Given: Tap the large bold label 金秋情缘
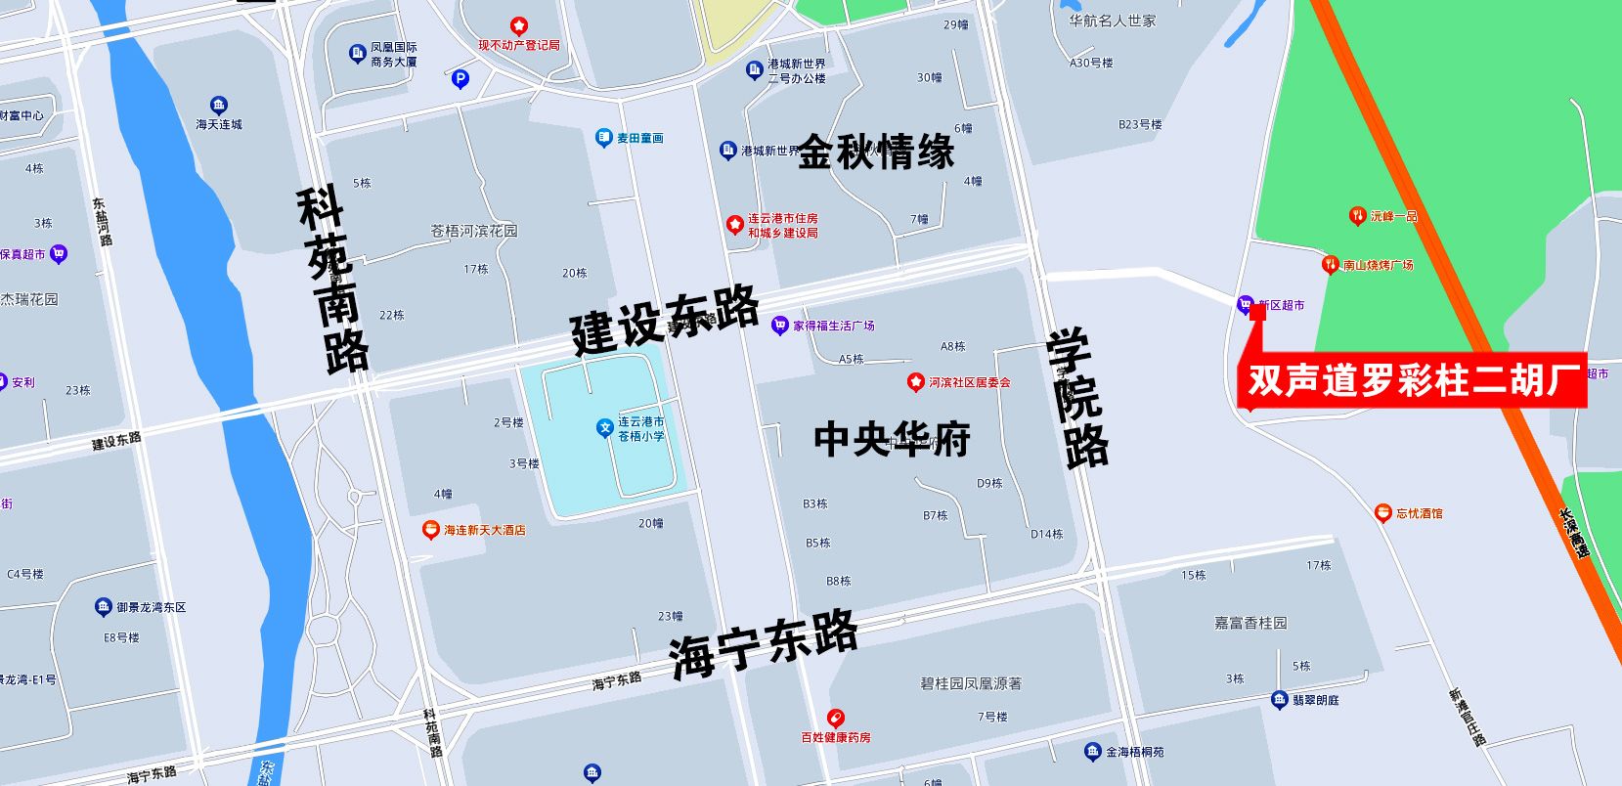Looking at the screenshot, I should point(876,153).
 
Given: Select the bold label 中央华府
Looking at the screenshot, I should point(892,439).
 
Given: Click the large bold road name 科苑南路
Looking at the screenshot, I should point(333,281).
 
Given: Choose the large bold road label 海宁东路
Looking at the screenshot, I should point(765,643).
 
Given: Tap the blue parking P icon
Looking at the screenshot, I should point(460,79).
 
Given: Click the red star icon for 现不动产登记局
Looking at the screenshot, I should point(519,26).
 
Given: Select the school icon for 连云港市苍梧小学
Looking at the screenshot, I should point(605,427).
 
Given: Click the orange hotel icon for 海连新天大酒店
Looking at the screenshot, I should point(430,530).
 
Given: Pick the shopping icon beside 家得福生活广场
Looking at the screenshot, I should point(779,326).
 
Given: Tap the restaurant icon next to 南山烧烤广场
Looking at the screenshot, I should point(1330,264).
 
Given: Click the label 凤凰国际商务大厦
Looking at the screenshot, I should point(394,54).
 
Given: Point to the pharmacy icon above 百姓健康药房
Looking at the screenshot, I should point(835,719).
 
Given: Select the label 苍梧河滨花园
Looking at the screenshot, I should point(474,231).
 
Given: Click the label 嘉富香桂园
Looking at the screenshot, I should point(1250,623).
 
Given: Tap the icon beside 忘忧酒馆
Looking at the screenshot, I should point(1382,512).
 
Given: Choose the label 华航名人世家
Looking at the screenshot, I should point(1112,21).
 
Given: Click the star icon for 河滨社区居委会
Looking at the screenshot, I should point(916,381).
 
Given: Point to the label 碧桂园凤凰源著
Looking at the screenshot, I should point(970,683).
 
